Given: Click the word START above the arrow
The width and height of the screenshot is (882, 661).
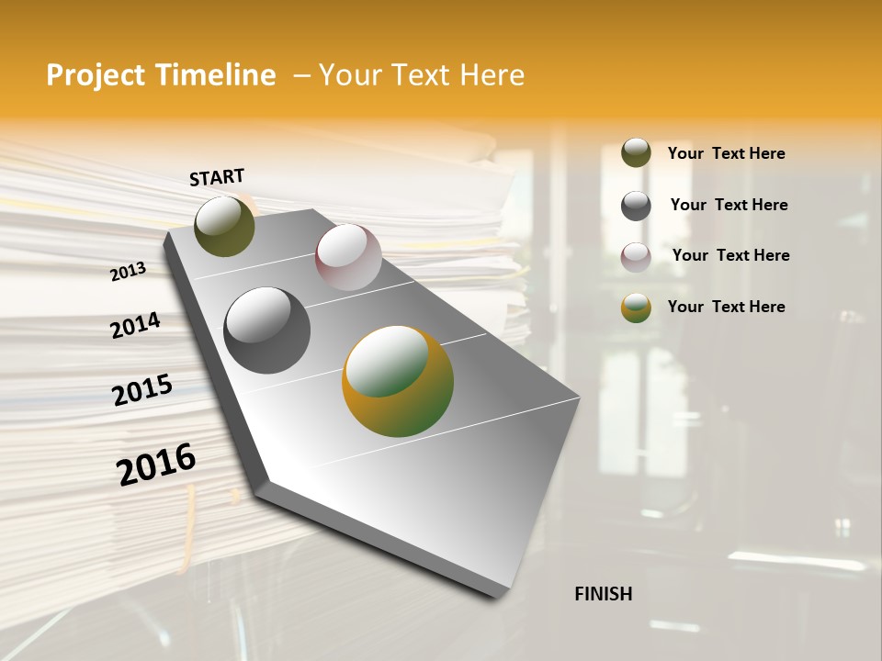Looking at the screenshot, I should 217,177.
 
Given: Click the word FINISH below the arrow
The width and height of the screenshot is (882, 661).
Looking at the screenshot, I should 603,594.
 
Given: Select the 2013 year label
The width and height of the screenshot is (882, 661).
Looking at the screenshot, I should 128,272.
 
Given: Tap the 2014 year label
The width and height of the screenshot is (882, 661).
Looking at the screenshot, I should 135,326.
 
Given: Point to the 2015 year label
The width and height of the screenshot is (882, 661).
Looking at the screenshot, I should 142,390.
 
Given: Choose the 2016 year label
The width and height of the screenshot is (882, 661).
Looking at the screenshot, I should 156,465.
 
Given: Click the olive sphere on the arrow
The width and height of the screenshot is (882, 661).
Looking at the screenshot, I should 224,226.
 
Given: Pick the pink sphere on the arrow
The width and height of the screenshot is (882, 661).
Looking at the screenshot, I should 348,257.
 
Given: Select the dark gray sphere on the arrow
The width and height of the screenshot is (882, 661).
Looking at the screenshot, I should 267,330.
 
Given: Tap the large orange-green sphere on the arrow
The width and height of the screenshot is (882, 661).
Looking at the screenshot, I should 398,381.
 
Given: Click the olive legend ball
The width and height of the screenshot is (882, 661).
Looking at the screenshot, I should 636,153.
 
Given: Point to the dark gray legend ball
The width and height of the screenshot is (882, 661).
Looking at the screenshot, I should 636,206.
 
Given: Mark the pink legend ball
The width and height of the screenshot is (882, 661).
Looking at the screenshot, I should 636,257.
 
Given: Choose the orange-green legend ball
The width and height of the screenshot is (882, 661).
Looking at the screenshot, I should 636,308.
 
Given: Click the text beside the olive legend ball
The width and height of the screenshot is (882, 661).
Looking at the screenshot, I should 726,153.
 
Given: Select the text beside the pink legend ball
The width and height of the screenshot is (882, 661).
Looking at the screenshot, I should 730,255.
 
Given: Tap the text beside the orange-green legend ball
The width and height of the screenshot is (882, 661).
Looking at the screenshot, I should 726,307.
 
